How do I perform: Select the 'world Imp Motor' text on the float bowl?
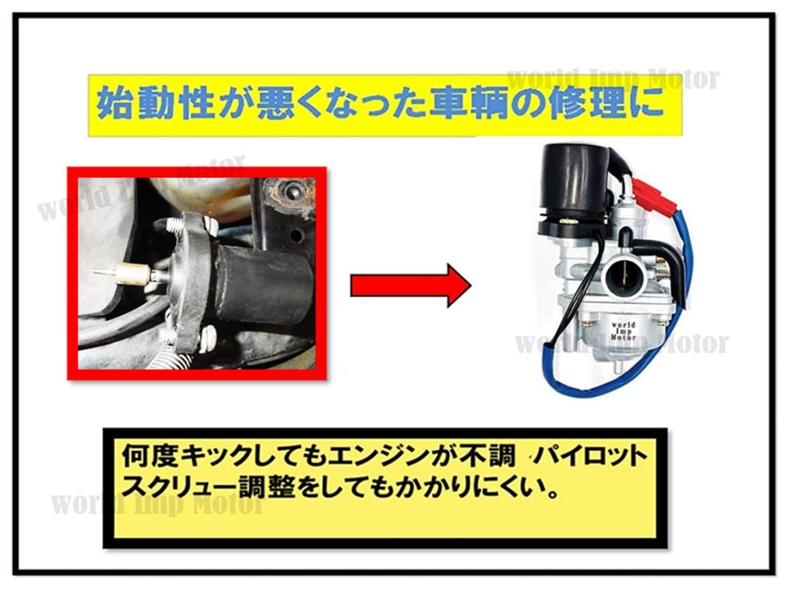623,331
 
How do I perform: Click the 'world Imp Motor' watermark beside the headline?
613,79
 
